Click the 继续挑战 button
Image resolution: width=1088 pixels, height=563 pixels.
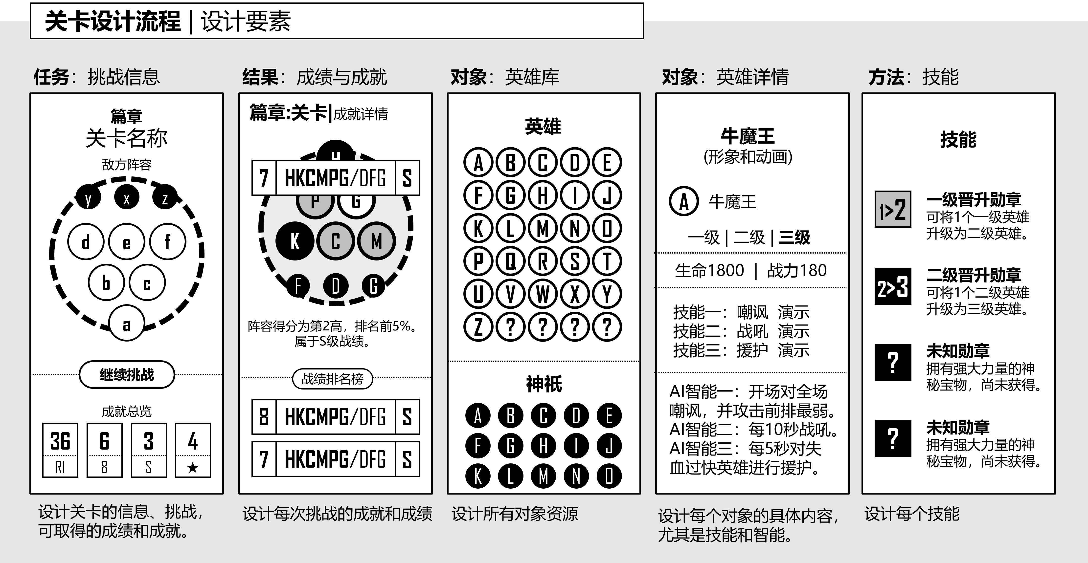127,374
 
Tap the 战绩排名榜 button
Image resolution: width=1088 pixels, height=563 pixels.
332,379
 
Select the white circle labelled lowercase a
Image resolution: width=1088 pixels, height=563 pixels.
126,324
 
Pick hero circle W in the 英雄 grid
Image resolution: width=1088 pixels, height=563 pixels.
543,294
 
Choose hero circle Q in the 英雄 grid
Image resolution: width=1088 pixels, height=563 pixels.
511,261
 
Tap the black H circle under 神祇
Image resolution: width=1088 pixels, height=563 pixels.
544,446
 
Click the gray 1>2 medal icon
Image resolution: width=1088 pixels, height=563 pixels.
892,209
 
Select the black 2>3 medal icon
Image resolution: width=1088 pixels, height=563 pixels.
892,286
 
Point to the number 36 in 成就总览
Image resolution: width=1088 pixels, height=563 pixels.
60,441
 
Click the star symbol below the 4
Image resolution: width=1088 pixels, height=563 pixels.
193,467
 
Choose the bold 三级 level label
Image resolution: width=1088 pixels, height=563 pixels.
794,238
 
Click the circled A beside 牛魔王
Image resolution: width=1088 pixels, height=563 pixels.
683,201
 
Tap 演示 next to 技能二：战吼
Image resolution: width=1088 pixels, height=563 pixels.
793,331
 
